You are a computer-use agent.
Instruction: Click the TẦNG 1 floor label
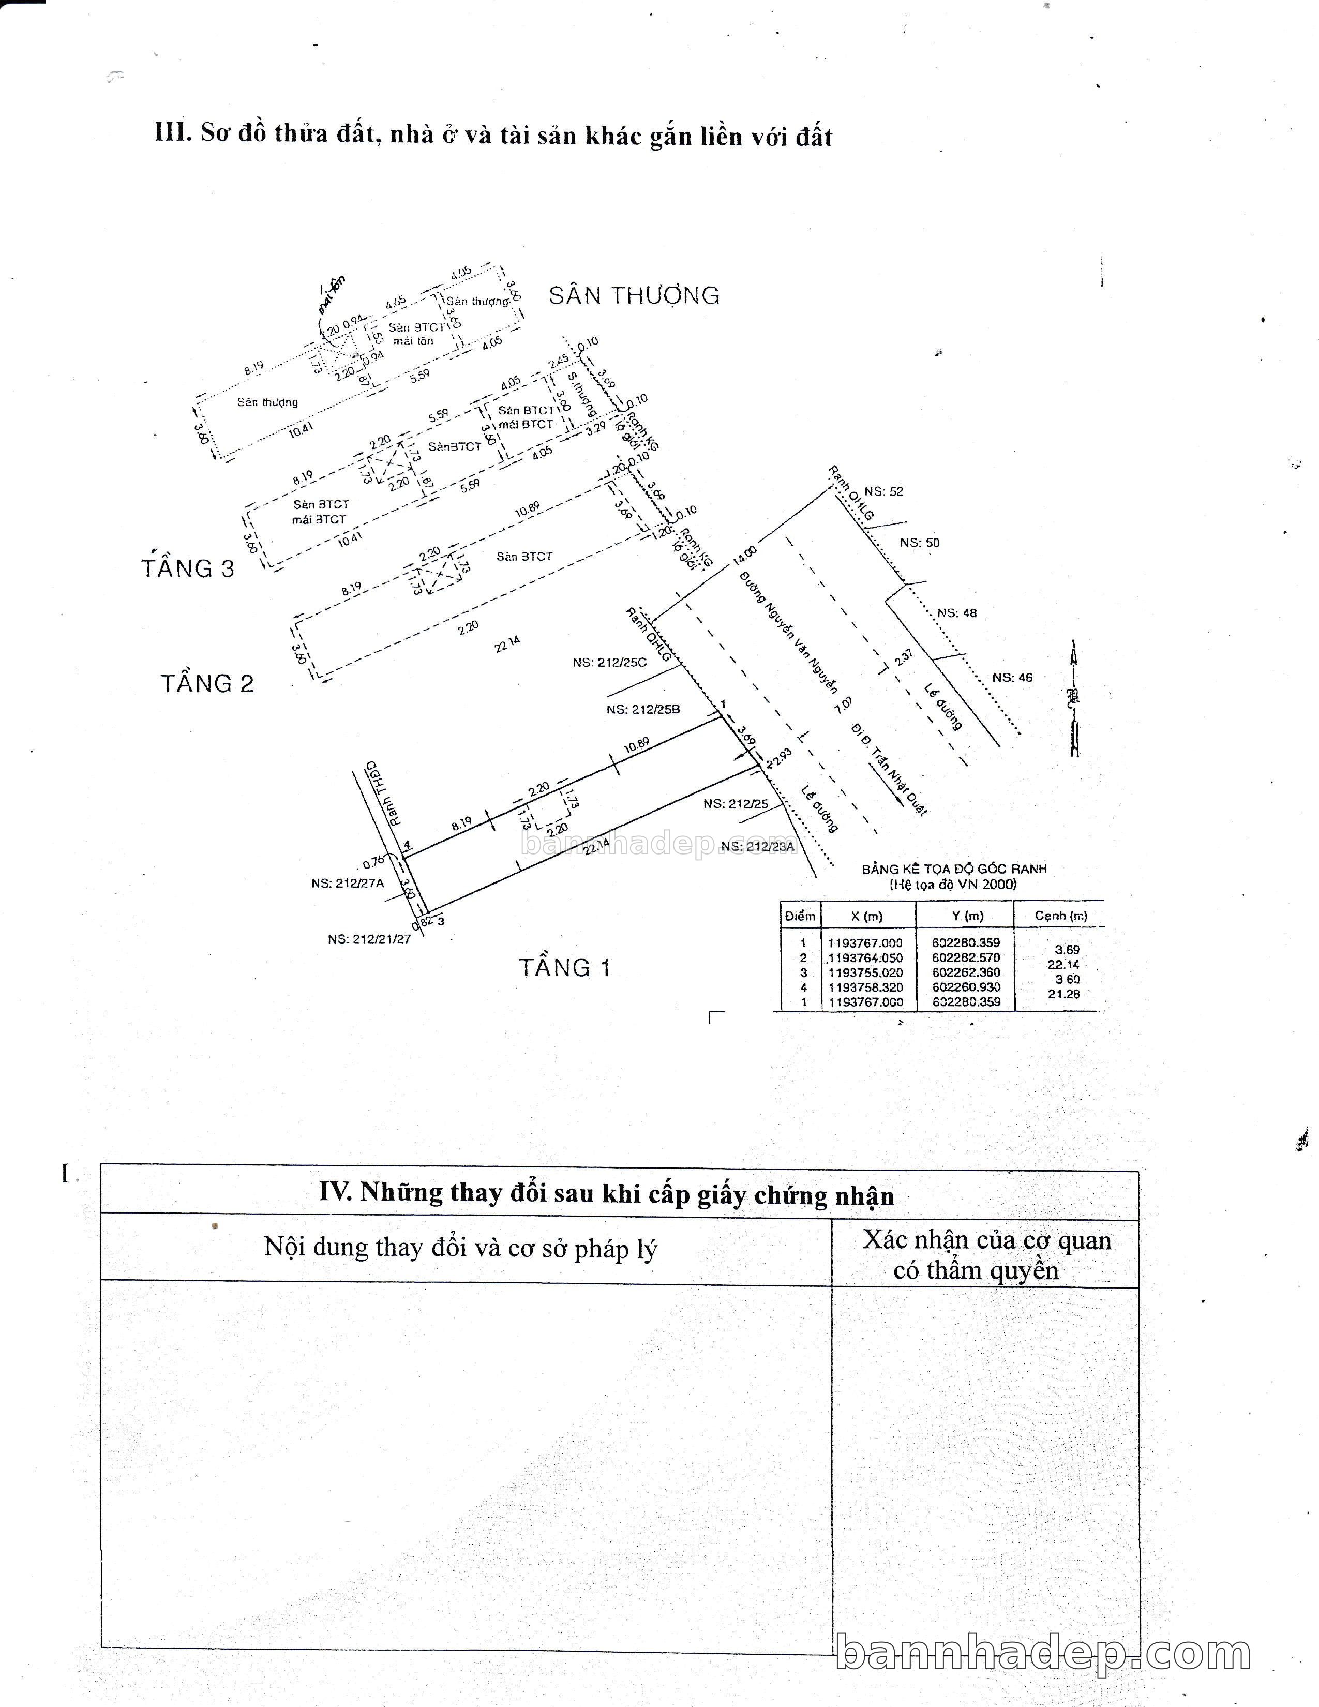[564, 968]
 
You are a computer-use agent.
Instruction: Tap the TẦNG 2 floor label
[208, 684]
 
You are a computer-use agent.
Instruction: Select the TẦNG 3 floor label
[188, 568]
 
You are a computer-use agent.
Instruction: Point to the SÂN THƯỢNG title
[634, 295]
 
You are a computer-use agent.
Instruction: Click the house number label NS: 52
[884, 491]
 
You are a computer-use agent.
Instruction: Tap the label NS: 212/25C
[609, 663]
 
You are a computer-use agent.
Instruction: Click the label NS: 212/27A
[348, 883]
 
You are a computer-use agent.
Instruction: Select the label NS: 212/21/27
[369, 939]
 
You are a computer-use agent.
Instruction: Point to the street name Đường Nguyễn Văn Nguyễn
[789, 632]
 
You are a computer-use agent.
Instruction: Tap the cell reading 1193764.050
[865, 957]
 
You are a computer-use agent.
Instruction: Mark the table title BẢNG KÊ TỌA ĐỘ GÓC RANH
[954, 869]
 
